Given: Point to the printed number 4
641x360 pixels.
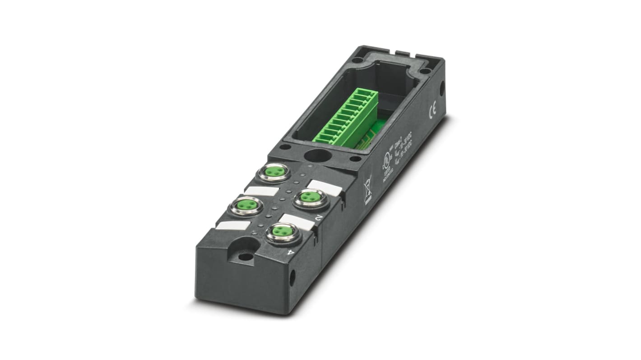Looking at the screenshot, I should pyautogui.click(x=291, y=252).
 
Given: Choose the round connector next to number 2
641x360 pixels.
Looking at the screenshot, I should pyautogui.click(x=311, y=198).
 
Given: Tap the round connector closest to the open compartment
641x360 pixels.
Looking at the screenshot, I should pyautogui.click(x=273, y=172).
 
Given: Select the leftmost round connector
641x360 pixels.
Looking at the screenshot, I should pyautogui.click(x=246, y=206).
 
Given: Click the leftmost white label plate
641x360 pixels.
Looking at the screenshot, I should pyautogui.click(x=232, y=225).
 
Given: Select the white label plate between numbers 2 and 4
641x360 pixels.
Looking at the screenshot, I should pyautogui.click(x=297, y=222).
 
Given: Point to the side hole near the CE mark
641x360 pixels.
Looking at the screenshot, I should pyautogui.click(x=442, y=88).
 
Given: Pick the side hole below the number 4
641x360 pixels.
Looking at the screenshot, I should pyautogui.click(x=292, y=277).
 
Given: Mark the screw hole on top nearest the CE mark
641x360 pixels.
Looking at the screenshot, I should pyautogui.click(x=424, y=70).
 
